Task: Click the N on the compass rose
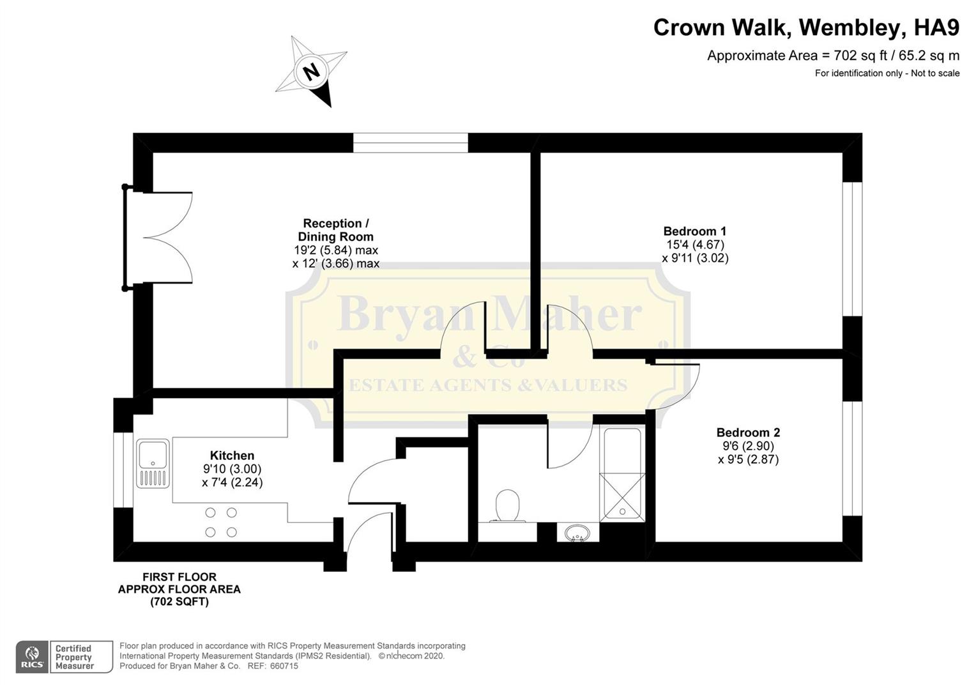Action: pyautogui.click(x=310, y=71)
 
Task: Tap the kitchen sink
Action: pyautogui.click(x=153, y=463)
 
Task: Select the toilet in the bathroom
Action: pyautogui.click(x=508, y=505)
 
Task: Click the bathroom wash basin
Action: pyautogui.click(x=577, y=533)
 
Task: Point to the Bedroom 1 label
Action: pyautogui.click(x=694, y=231)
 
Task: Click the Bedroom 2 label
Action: pyautogui.click(x=748, y=433)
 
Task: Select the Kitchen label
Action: pyautogui.click(x=232, y=456)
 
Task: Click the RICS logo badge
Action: pyautogui.click(x=32, y=656)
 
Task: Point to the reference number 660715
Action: pyautogui.click(x=284, y=666)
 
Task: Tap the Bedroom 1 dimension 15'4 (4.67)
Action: pyautogui.click(x=695, y=245)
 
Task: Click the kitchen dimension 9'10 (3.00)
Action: pyautogui.click(x=233, y=469)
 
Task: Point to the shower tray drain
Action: pyautogui.click(x=622, y=511)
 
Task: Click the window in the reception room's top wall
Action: pyautogui.click(x=411, y=142)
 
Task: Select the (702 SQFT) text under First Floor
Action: pyautogui.click(x=179, y=602)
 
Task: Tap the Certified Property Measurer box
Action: pyautogui.click(x=82, y=656)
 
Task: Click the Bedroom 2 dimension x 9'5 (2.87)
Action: pyautogui.click(x=748, y=459)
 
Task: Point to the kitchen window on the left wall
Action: pyautogui.click(x=123, y=470)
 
